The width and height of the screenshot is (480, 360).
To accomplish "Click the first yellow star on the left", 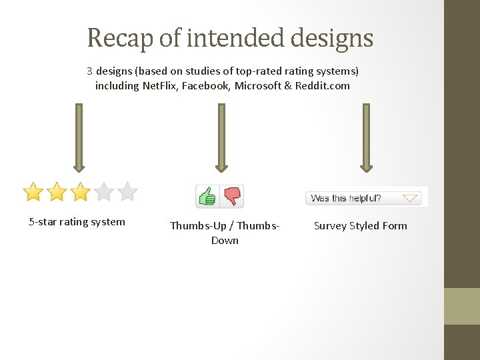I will pos(33,192).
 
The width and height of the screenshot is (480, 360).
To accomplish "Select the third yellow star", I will pos(80,192).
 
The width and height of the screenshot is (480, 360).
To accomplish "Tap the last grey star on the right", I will pos(127,192).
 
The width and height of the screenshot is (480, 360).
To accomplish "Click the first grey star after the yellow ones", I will pos(103,192).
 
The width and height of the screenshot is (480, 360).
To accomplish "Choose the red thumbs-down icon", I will pos(232,196).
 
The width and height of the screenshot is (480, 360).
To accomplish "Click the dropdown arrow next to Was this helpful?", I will pos(411,198).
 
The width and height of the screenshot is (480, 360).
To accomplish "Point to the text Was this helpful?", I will pos(346,198).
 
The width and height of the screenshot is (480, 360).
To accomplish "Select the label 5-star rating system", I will pos(77,222).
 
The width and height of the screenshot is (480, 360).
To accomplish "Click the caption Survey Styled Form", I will pos(360,225).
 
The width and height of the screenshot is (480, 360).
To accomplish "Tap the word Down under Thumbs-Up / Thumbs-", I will pos(225,240).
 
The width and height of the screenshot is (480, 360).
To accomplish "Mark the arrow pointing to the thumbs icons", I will pos(221,137).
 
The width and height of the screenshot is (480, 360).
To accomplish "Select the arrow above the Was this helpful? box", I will pos(365,137).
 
